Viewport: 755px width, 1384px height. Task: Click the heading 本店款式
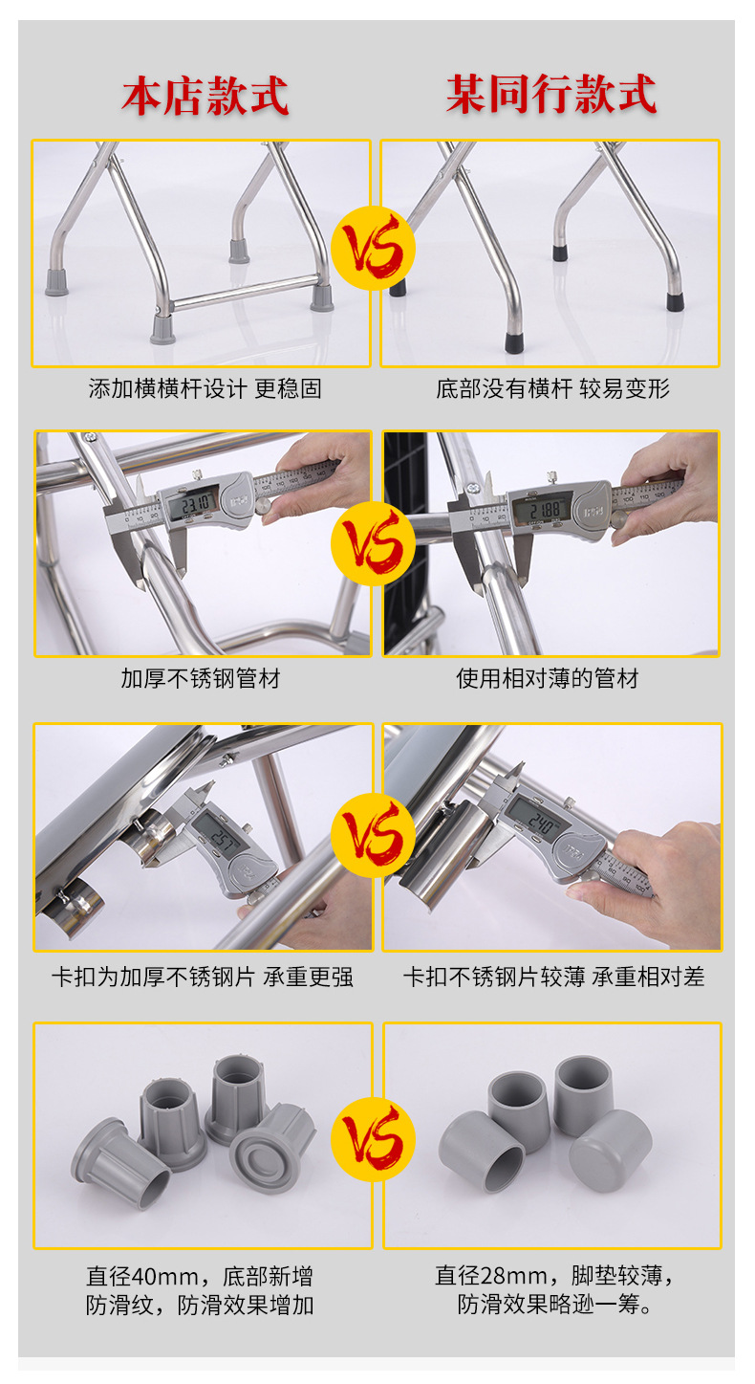[205, 96]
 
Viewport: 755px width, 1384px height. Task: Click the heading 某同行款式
[551, 94]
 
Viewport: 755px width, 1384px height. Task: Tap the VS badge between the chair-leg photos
[373, 249]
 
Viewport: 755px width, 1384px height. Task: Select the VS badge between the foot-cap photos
[373, 1140]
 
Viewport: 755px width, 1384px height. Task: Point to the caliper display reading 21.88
[543, 510]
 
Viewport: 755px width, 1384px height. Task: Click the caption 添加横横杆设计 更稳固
[205, 388]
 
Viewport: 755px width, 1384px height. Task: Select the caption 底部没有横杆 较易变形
[552, 388]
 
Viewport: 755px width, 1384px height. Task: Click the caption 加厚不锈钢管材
[201, 678]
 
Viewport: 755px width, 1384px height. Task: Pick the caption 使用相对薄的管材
[548, 678]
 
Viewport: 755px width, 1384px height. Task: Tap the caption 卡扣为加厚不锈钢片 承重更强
[203, 977]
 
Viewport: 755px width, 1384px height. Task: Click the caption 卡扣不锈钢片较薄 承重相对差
[553, 977]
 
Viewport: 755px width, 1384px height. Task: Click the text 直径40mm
[142, 1276]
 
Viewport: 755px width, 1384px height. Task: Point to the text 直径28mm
[491, 1275]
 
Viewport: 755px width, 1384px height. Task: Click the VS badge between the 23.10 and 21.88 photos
[373, 543]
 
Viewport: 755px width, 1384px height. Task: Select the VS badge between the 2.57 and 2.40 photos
[373, 835]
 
